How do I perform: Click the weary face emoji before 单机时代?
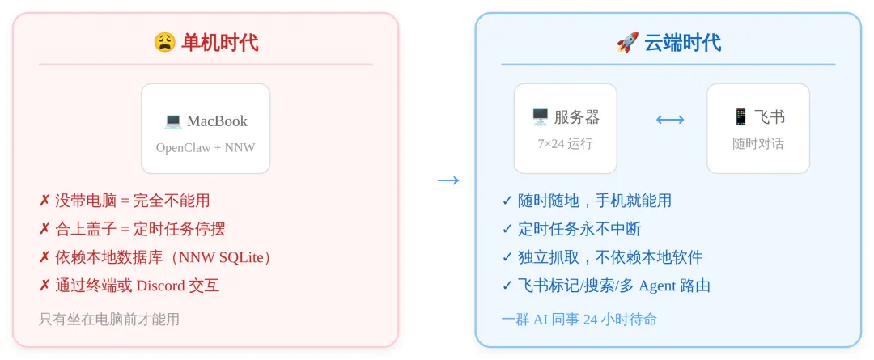coord(164,42)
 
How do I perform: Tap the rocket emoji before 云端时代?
coord(627,42)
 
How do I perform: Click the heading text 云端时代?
coord(682,42)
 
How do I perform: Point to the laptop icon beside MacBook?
coord(173,121)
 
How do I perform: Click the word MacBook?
coord(217,121)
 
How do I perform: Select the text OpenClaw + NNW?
coord(206,148)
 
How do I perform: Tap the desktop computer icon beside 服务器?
coord(540,117)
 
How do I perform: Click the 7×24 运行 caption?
coord(565,144)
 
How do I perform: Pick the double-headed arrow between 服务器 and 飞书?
coord(670,120)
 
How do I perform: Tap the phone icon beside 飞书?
coord(740,117)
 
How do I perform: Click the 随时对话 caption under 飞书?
coord(758,144)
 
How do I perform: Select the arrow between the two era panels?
coord(448,180)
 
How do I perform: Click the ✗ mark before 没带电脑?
coord(45,201)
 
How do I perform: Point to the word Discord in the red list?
coord(161,286)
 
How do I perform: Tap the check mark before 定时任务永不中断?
coord(507,229)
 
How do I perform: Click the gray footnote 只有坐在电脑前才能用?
coord(109,319)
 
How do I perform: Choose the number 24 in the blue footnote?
coord(590,319)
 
